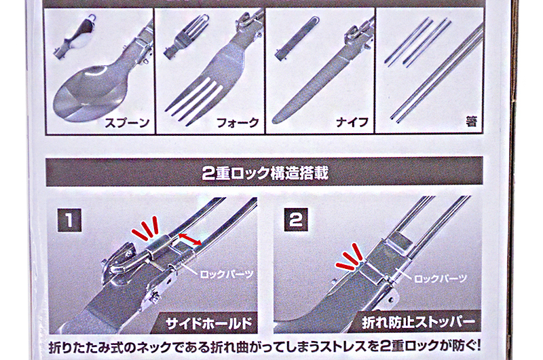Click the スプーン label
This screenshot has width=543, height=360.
click(127, 123)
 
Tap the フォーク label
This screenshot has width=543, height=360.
click(238, 123)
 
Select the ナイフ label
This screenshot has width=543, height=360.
click(352, 122)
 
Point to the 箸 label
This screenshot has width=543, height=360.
click(471, 122)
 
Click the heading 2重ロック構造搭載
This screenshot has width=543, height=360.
click(265, 173)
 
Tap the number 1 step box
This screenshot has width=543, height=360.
click(69, 220)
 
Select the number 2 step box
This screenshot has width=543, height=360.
click(296, 219)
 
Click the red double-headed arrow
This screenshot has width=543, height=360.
click(190, 239)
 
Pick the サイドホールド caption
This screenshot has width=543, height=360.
click(209, 323)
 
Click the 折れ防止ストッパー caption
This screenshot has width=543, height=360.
click(418, 323)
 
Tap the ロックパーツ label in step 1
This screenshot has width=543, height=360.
click(227, 274)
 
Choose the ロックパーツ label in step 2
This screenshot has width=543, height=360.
click(441, 278)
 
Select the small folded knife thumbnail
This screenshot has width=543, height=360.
click(297, 38)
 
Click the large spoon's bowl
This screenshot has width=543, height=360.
click(85, 93)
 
